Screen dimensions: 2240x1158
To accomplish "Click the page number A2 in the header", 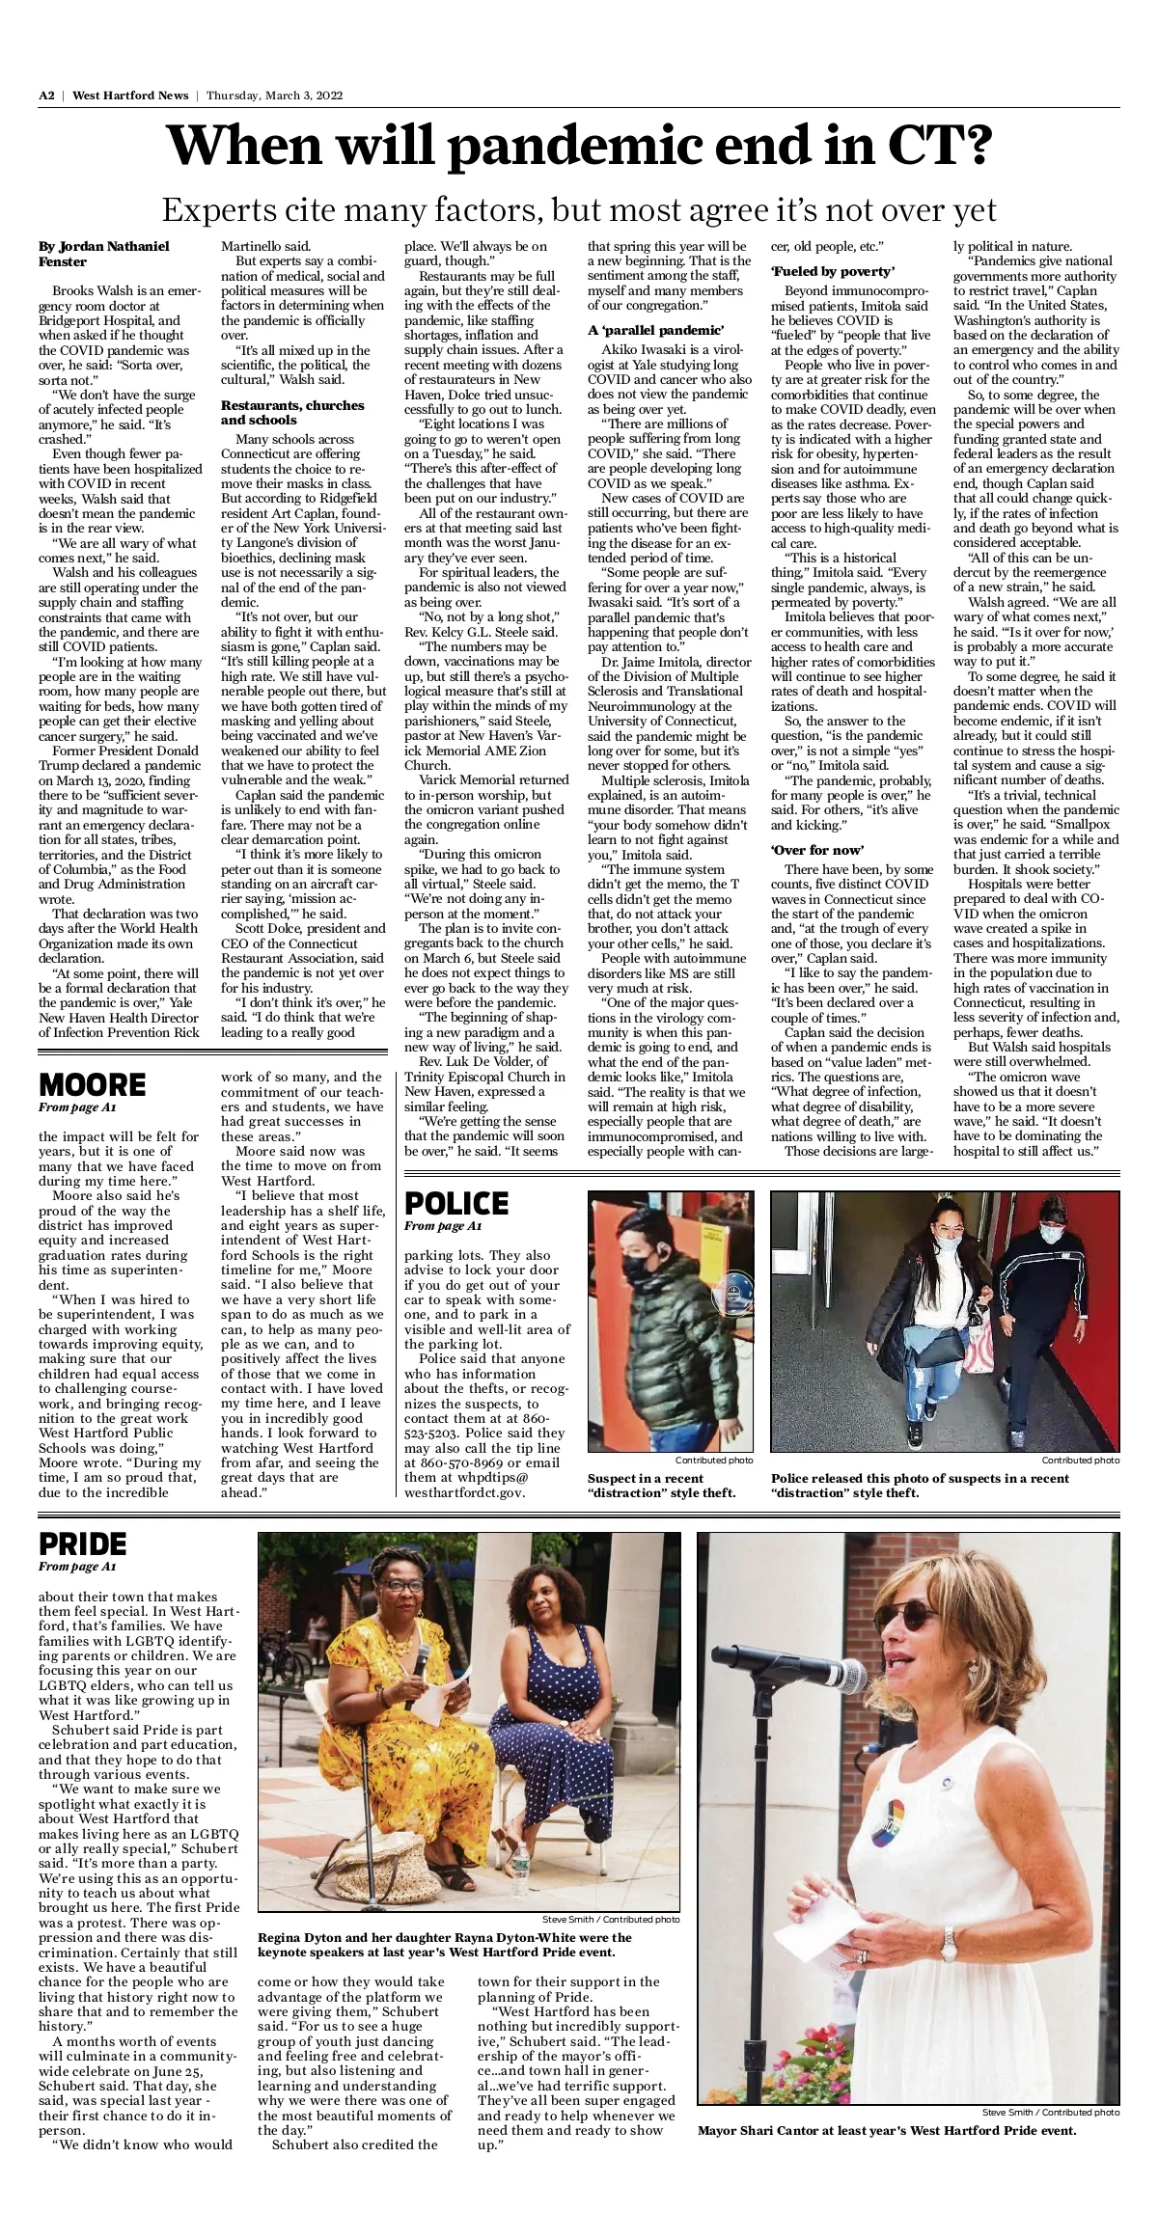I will pyautogui.click(x=46, y=96).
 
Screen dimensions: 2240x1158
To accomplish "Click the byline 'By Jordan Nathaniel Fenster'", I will pyautogui.click(x=103, y=254).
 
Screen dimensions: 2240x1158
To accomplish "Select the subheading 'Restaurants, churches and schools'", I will pyautogui.click(x=292, y=412).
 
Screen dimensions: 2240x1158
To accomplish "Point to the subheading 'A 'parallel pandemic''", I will pyautogui.click(x=655, y=330).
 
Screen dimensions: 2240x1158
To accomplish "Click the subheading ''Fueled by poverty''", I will pyautogui.click(x=832, y=271).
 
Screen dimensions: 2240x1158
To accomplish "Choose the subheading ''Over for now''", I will pyautogui.click(x=816, y=849).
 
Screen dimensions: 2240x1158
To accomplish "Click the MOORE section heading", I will pyautogui.click(x=92, y=1084).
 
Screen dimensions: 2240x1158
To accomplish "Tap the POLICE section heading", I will pyautogui.click(x=456, y=1203).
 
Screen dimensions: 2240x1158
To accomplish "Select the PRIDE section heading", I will pyautogui.click(x=83, y=1543).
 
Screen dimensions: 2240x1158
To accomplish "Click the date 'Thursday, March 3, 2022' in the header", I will pyautogui.click(x=274, y=96).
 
